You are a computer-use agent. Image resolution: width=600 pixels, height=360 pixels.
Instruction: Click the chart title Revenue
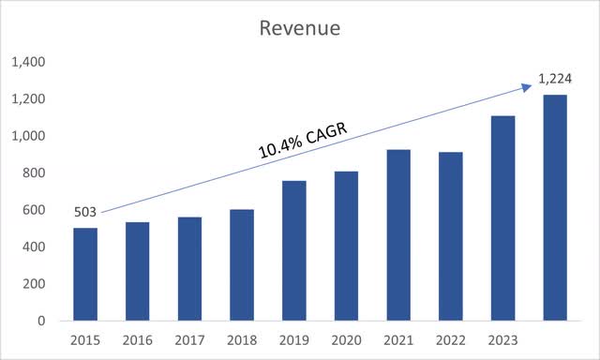coord(300,28)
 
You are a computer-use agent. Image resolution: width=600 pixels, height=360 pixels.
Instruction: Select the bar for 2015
coord(85,274)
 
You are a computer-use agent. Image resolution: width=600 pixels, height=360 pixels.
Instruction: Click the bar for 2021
coord(398,235)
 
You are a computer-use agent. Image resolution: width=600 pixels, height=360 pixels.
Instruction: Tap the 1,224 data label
coord(553,82)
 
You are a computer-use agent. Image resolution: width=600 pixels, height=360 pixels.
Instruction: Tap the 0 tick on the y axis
coord(40,320)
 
